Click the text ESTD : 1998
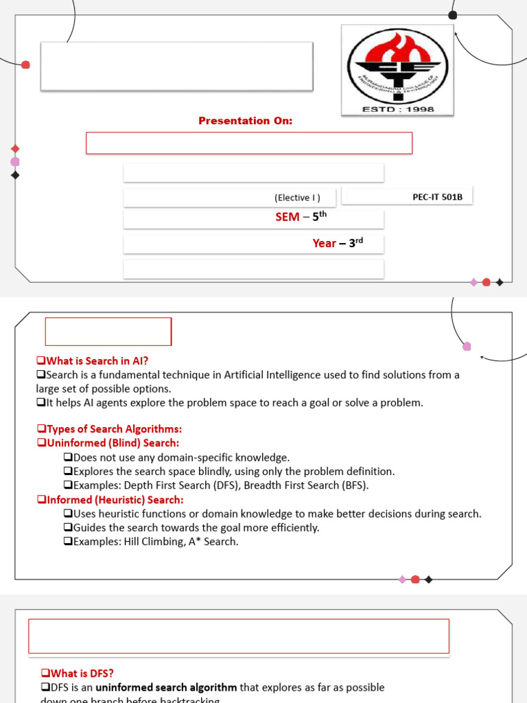click(x=397, y=109)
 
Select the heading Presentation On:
click(x=245, y=121)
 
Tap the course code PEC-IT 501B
click(x=437, y=197)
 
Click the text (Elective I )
click(x=297, y=198)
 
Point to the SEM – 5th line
click(x=301, y=217)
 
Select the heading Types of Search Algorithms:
click(x=113, y=429)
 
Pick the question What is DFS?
click(x=76, y=673)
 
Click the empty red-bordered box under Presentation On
click(x=248, y=143)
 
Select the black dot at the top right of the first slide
click(x=452, y=15)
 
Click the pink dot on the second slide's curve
click(x=467, y=346)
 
